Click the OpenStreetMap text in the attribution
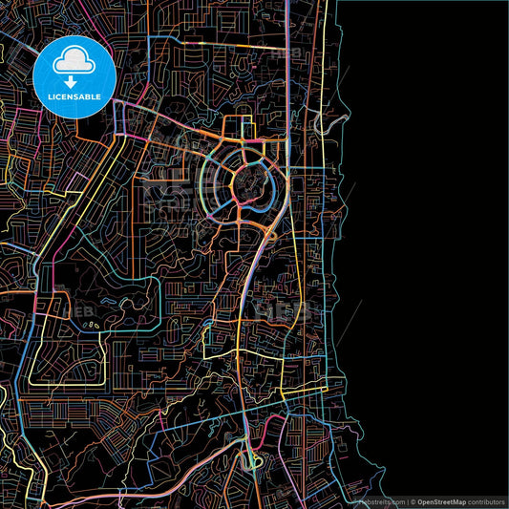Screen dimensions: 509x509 pos(447,500)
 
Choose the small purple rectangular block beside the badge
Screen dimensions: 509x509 pos(120,117)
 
